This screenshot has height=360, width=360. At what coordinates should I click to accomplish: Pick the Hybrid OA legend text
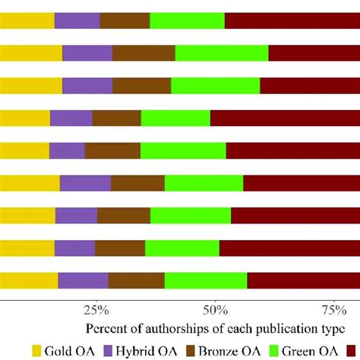[143, 350]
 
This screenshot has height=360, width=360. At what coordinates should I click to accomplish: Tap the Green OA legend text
[319, 350]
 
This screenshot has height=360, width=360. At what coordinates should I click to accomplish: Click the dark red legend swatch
[354, 350]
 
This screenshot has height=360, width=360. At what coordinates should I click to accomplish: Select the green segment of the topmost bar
[187, 21]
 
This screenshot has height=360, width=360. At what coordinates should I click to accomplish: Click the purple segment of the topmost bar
[77, 21]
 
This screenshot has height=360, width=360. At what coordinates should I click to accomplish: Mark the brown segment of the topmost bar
[125, 21]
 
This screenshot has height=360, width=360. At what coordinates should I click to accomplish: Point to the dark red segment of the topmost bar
[292, 21]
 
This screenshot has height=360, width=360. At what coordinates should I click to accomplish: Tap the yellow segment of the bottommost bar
[29, 280]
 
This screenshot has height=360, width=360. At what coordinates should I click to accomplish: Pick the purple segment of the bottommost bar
[83, 280]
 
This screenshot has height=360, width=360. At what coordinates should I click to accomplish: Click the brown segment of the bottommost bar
[136, 280]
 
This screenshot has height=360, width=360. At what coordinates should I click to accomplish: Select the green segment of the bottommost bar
[206, 280]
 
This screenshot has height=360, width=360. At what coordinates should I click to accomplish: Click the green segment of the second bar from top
[222, 52]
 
